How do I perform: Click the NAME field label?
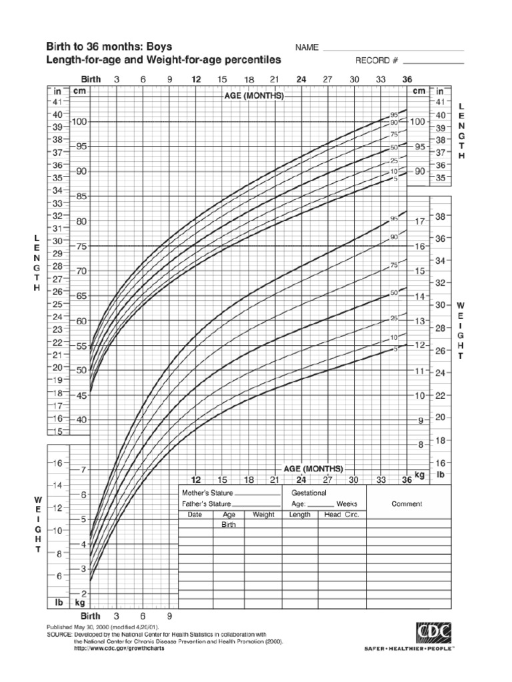pos(305,49)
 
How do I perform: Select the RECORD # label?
pos(377,61)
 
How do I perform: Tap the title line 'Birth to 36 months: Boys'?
pos(108,47)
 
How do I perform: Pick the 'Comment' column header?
pos(407,504)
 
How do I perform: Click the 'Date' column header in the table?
pos(194,515)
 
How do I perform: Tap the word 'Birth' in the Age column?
pos(229,525)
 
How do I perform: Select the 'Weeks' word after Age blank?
pos(347,504)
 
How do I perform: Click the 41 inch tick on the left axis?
pos(57,102)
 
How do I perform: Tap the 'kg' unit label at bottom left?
pos(80,602)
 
